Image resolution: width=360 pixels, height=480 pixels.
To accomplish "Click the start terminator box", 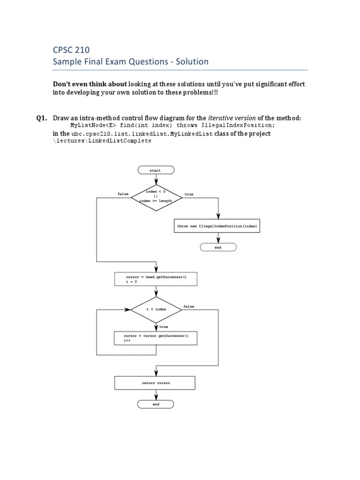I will click(156, 170).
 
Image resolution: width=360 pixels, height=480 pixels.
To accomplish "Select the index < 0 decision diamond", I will click(156, 196).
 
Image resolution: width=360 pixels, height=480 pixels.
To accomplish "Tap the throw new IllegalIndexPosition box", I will click(217, 226).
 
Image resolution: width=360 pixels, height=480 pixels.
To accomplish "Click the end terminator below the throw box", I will click(218, 247).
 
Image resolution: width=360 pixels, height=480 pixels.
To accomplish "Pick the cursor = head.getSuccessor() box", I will click(156, 280).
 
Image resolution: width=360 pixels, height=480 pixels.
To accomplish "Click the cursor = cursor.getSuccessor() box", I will click(156, 339).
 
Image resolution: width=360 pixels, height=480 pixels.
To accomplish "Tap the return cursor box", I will click(156, 383).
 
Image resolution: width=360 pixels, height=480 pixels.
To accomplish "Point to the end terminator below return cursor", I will click(156, 404).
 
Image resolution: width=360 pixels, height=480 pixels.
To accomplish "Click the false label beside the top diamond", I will click(123, 194).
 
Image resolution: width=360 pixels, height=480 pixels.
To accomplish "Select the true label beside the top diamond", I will click(189, 194).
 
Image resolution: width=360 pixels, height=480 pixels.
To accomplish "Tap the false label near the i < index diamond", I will click(189, 307).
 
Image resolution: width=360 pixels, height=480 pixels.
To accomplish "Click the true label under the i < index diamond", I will click(164, 327).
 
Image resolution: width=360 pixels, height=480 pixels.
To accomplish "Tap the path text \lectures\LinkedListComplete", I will click(102, 141).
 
